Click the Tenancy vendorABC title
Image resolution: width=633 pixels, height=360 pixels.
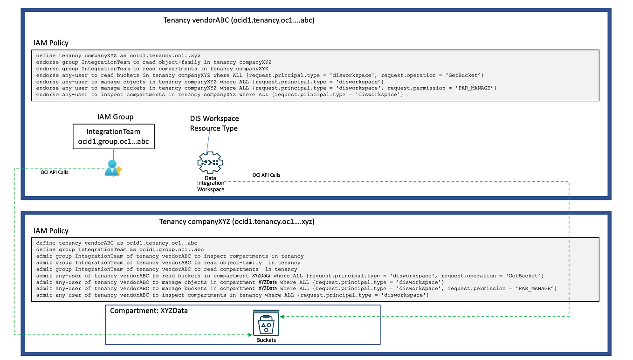239,20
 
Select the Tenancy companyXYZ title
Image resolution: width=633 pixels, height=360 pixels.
236,222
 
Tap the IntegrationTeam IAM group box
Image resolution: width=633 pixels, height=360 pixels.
113,137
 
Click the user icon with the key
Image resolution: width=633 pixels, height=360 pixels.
112,168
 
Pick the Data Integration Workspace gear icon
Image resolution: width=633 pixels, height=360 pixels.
210,163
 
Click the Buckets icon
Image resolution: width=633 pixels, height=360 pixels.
266,323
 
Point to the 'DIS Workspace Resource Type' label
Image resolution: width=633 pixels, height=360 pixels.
214,124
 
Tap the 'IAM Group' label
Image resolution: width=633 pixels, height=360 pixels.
112,117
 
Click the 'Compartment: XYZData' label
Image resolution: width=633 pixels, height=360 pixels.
149,311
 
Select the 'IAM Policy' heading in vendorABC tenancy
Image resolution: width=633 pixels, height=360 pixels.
51,43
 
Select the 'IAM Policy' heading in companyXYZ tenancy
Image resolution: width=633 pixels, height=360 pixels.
51,231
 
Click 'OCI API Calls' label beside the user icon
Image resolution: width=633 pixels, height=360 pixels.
55,172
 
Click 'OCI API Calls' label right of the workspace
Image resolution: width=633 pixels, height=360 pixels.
266,175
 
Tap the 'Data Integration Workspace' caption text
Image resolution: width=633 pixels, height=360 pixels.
211,183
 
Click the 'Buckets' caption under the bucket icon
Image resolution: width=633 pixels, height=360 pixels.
266,340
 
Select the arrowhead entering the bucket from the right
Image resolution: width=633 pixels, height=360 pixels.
282,317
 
